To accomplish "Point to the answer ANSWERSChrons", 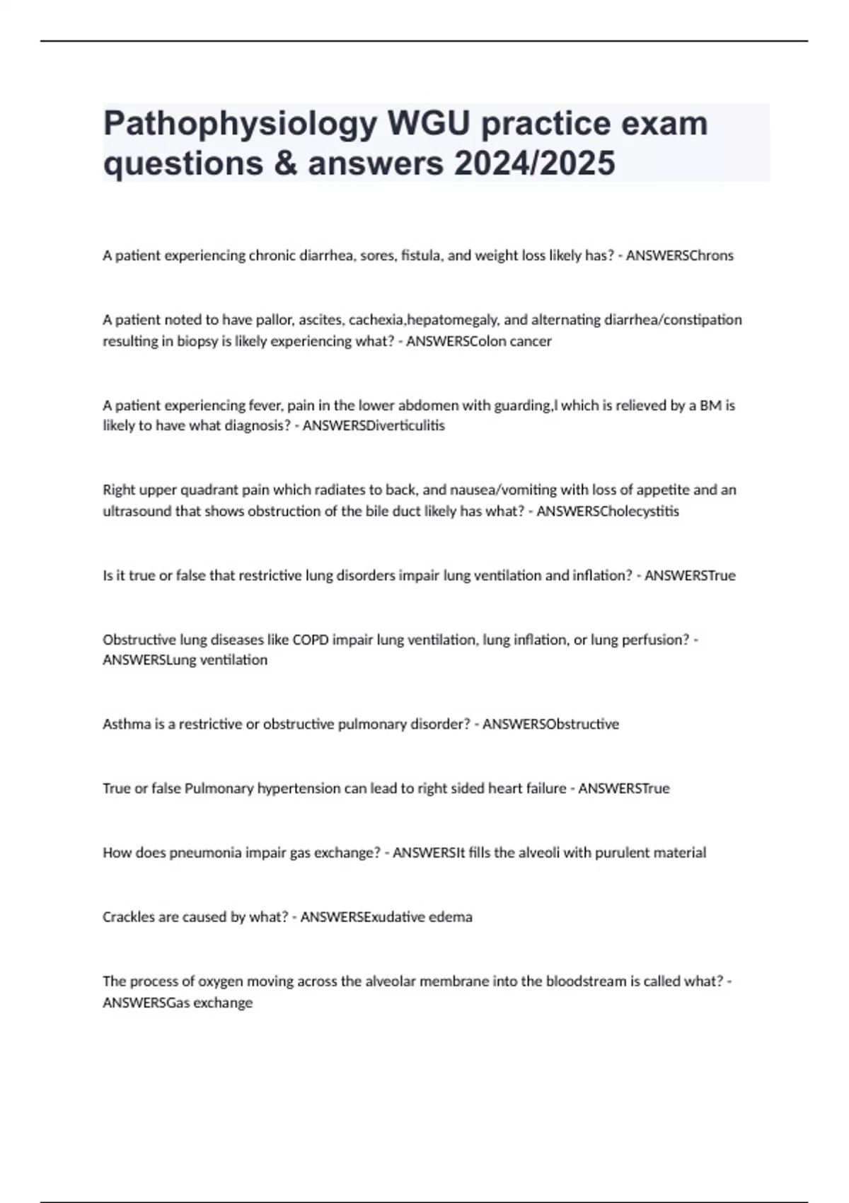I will tap(679, 255).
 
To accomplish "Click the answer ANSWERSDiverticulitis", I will tap(374, 426).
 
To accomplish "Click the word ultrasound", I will tap(137, 511).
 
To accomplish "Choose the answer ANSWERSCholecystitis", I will tap(608, 511).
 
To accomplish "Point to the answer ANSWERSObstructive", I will tap(550, 724).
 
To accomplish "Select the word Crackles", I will tap(129, 917).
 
